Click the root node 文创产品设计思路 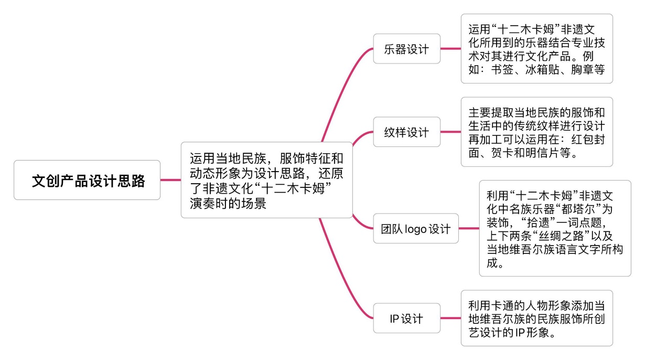pyautogui.click(x=87, y=180)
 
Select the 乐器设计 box pyautogui.click(x=406, y=49)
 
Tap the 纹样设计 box pyautogui.click(x=406, y=132)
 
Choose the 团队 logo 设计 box pyautogui.click(x=416, y=228)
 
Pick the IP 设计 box pyautogui.click(x=406, y=318)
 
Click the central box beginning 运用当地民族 pyautogui.click(x=266, y=180)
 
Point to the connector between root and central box pyautogui.click(x=170, y=180)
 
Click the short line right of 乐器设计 pyautogui.click(x=450, y=49)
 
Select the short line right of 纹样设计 pyautogui.click(x=450, y=132)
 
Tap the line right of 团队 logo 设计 pyautogui.click(x=469, y=228)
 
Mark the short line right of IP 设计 pyautogui.click(x=450, y=318)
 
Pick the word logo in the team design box pyautogui.click(x=416, y=229)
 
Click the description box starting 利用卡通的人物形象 pyautogui.click(x=536, y=318)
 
